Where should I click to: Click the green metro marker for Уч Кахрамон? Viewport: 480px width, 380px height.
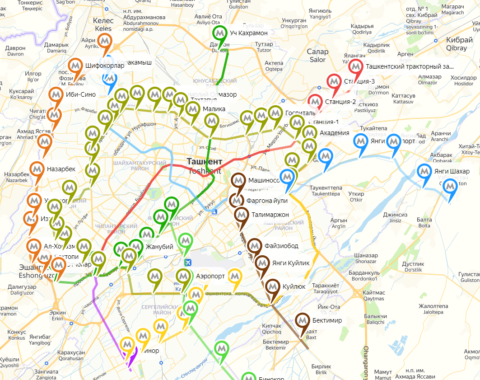pyautogui.click(x=220, y=33)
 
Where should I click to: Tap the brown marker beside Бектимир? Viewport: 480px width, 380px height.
pyautogui.click(x=302, y=320)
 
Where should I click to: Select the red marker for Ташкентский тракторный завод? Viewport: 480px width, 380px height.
pyautogui.click(x=356, y=66)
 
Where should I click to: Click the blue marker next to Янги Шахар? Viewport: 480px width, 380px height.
pyautogui.click(x=424, y=171)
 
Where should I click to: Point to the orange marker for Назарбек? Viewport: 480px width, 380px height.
pyautogui.click(x=37, y=169)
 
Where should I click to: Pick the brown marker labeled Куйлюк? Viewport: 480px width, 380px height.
pyautogui.click(x=272, y=286)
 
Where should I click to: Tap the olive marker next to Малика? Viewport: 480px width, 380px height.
pyautogui.click(x=193, y=109)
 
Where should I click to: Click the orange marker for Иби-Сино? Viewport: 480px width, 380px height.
pyautogui.click(x=56, y=94)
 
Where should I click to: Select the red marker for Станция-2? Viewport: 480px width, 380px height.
pyautogui.click(x=315, y=101)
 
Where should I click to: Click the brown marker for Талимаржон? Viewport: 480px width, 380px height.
pyautogui.click(x=242, y=215)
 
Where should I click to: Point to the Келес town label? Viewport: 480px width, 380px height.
pyautogui.click(x=103, y=21)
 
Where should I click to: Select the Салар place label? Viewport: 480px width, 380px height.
pyautogui.click(x=318, y=52)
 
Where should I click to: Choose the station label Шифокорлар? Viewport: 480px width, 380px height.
pyautogui.click(x=104, y=66)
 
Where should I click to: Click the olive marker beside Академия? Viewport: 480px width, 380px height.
pyautogui.click(x=309, y=133)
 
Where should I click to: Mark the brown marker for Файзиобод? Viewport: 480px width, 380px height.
pyautogui.click(x=255, y=246)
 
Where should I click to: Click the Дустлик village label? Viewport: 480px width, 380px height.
pyautogui.click(x=413, y=263)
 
